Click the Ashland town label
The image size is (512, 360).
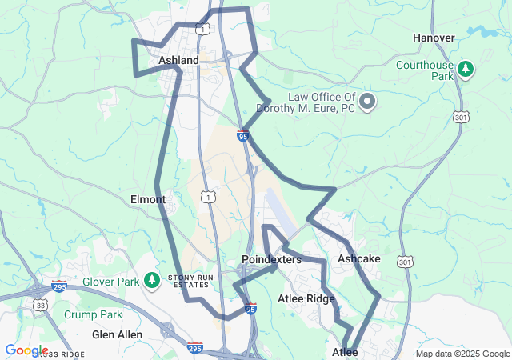(178, 60)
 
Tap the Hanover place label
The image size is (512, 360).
(434, 38)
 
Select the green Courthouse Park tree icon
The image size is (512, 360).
(466, 70)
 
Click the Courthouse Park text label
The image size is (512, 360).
(425, 70)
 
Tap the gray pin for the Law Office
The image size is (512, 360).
(367, 102)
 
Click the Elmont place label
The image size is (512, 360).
(147, 199)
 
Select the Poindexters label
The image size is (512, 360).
(271, 260)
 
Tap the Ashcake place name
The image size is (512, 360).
(358, 258)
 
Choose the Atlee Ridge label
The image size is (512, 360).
(306, 298)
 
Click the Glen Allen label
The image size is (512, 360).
(117, 334)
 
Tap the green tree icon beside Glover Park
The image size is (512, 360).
(152, 281)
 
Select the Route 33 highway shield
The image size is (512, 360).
(40, 304)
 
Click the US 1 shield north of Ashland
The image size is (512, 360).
(205, 30)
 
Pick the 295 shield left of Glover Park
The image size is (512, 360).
(59, 285)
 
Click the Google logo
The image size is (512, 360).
(26, 350)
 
